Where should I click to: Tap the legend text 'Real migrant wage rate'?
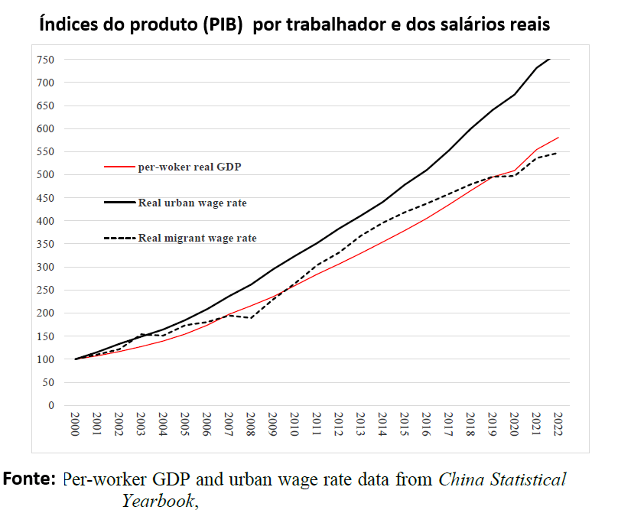(197, 238)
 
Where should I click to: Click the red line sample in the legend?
(119, 166)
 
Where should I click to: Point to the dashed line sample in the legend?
(119, 238)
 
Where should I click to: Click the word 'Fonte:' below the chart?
(30, 480)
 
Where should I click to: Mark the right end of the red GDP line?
(558, 138)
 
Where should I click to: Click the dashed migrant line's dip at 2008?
(251, 318)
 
